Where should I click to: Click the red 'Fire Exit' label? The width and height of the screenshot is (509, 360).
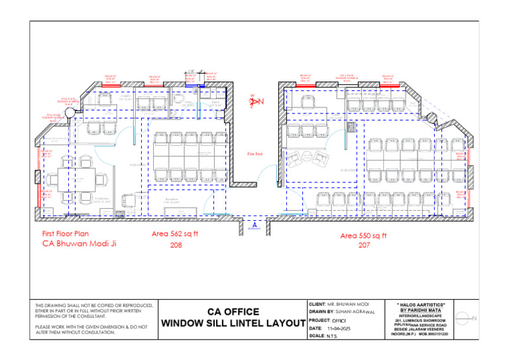tap(255, 154)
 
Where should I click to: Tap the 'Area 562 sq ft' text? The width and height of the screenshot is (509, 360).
tap(176, 233)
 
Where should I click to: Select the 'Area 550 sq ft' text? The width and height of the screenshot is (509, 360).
tap(363, 235)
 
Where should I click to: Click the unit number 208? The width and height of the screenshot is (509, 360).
tap(176, 245)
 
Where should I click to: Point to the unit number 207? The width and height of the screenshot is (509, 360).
tap(363, 246)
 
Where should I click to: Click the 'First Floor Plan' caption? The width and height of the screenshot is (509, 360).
tap(66, 234)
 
